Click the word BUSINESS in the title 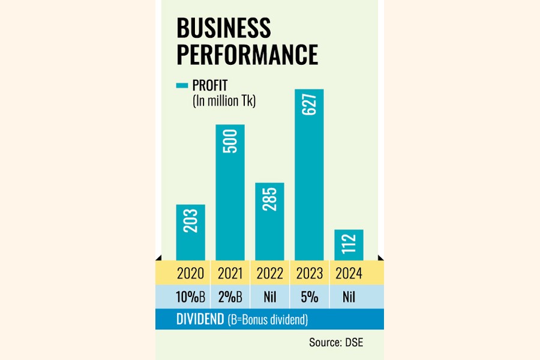click(x=223, y=29)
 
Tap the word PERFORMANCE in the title click(x=247, y=55)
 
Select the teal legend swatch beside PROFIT click(x=182, y=86)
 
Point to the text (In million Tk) click(x=224, y=101)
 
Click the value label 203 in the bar click(x=191, y=221)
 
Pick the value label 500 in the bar click(x=230, y=141)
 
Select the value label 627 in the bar click(x=310, y=106)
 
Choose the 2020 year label click(x=191, y=274)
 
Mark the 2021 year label click(x=230, y=274)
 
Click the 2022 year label click(x=270, y=274)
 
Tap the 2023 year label click(x=310, y=274)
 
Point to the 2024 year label click(x=349, y=274)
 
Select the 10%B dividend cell click(x=191, y=297)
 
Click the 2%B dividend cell click(x=230, y=297)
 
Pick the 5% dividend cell click(x=310, y=297)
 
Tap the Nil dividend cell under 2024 click(x=349, y=297)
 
